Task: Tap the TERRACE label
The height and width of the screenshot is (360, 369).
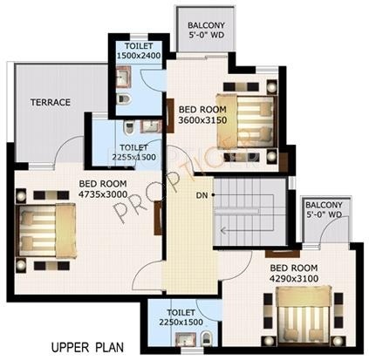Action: point(51,102)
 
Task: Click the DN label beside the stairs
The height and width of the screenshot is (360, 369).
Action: point(202,194)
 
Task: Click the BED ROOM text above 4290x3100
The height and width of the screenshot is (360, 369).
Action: point(293,268)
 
